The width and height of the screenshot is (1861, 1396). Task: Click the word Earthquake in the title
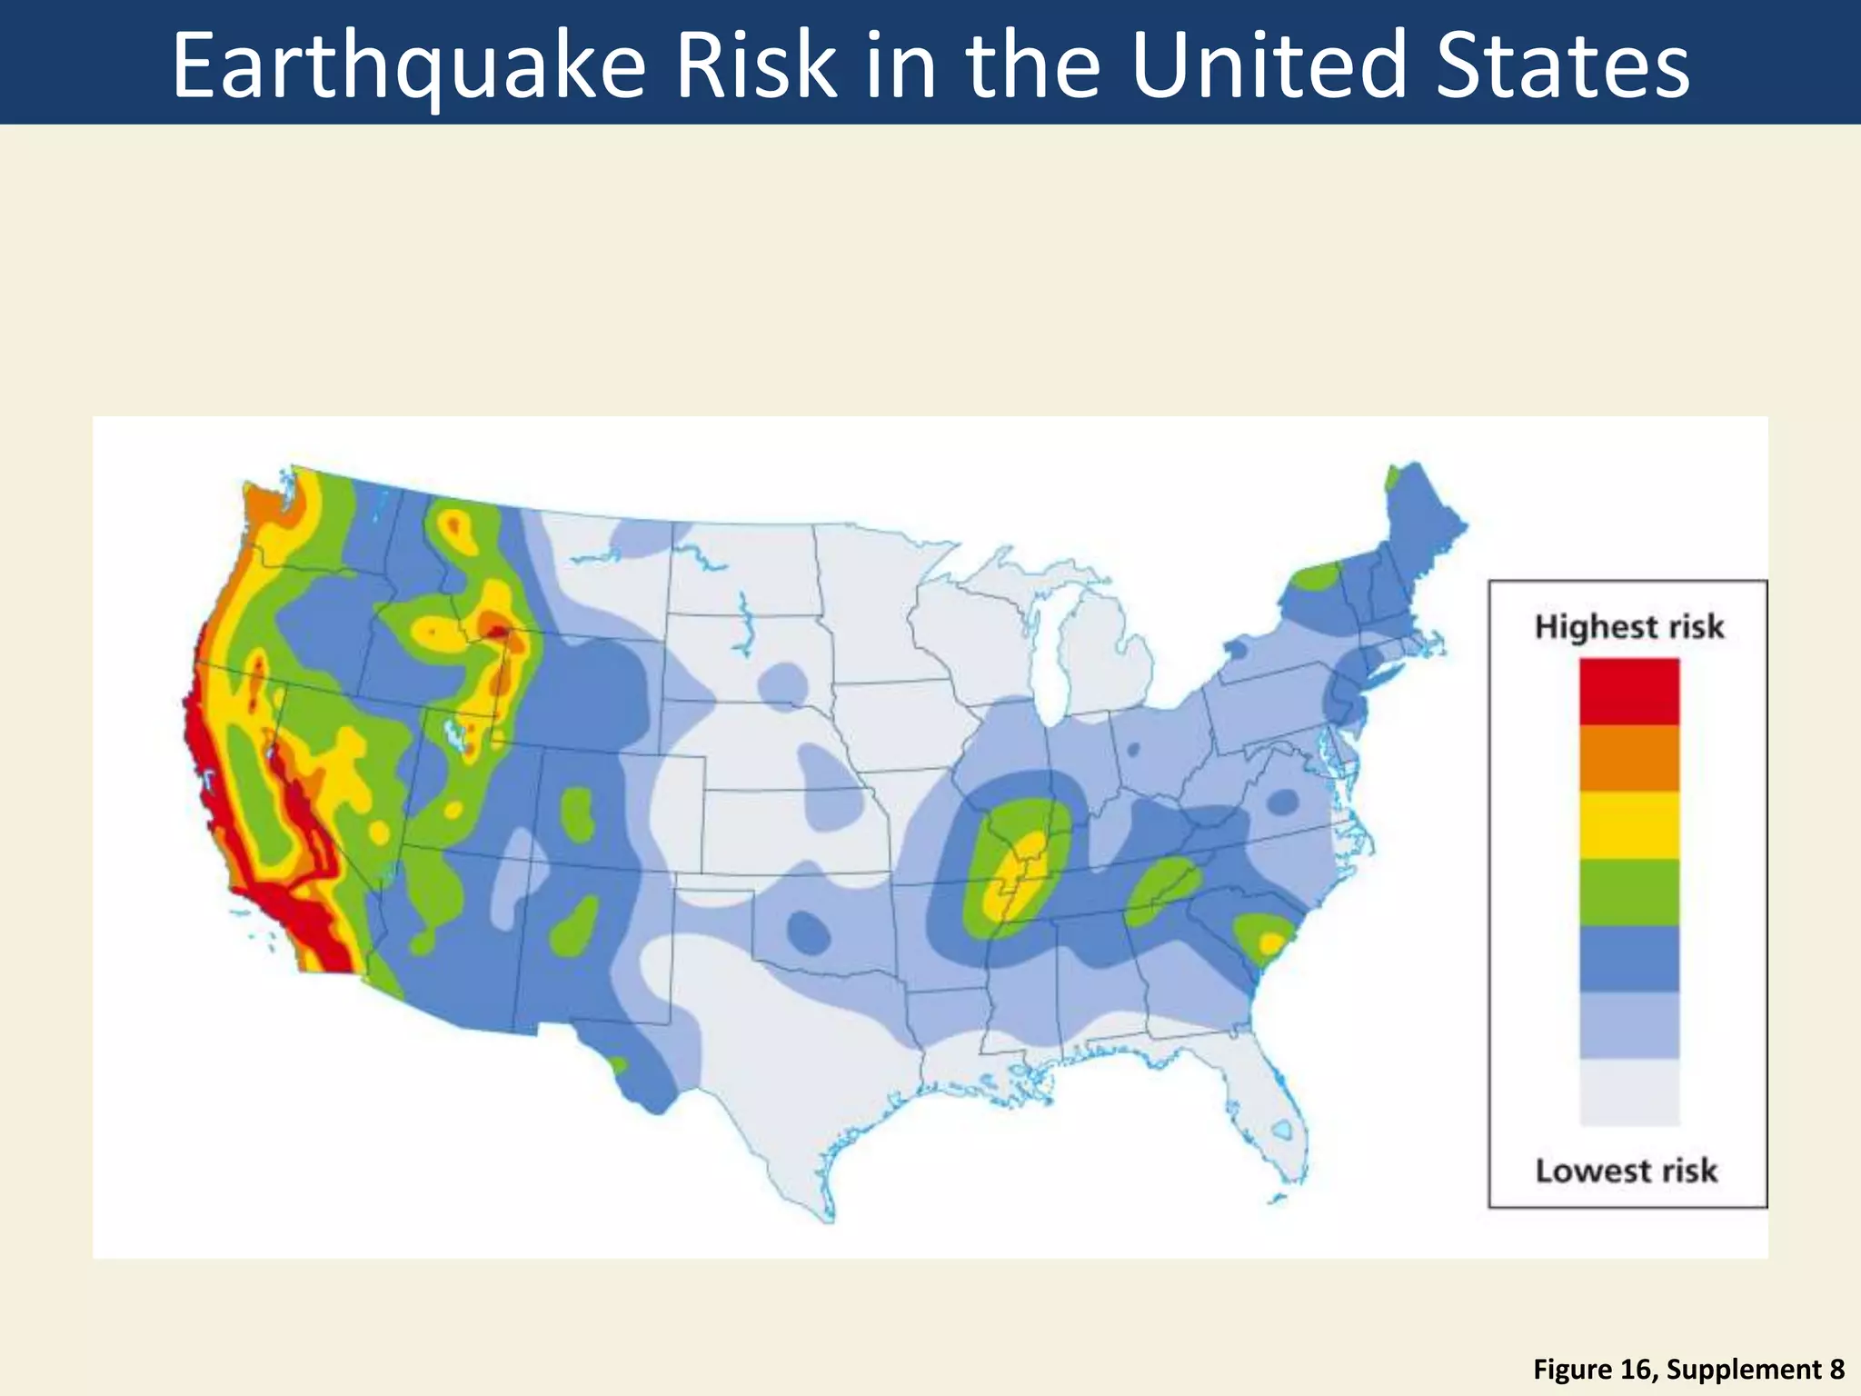409,65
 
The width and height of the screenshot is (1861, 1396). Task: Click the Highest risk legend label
1628,627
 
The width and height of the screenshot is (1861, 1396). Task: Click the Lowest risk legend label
1627,1171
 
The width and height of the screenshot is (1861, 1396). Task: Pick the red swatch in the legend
1629,692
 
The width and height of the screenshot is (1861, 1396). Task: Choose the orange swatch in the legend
1629,758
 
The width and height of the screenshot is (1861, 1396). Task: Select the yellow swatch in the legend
1629,825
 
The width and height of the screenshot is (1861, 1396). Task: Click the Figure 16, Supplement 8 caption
1688,1370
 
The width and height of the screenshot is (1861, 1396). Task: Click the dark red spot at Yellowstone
497,630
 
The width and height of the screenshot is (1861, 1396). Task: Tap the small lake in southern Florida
1282,1131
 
